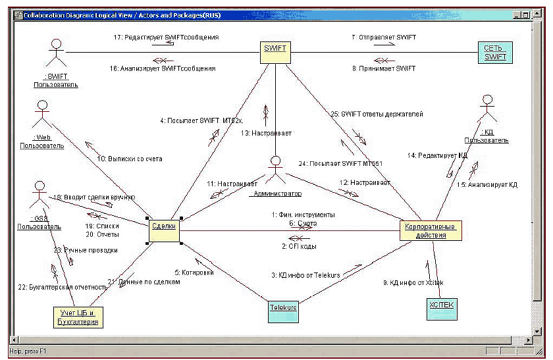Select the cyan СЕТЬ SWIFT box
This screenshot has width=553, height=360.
(x=496, y=52)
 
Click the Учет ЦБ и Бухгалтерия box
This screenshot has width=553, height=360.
(x=78, y=317)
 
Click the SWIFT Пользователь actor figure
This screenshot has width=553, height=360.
(x=57, y=53)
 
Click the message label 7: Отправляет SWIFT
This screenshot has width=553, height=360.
(x=383, y=38)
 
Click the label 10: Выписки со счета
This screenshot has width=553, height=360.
(x=129, y=159)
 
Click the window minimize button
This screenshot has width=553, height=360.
(x=518, y=14)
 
